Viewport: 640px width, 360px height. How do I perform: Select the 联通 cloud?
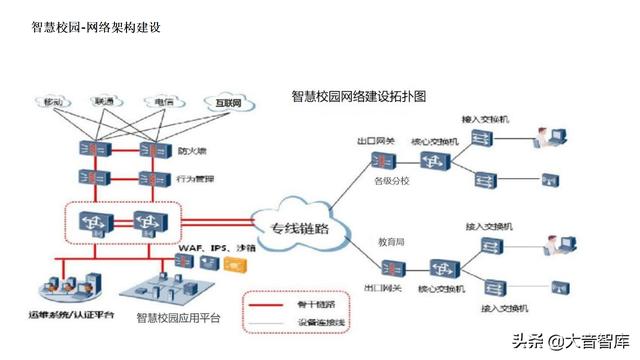104,102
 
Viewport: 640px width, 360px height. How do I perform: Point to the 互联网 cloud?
227,102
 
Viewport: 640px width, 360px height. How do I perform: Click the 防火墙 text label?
192,152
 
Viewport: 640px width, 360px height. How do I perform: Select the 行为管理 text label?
195,179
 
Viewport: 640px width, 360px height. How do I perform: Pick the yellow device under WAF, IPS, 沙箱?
234,264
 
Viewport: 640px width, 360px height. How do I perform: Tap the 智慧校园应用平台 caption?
178,318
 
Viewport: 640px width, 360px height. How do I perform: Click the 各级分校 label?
393,182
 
